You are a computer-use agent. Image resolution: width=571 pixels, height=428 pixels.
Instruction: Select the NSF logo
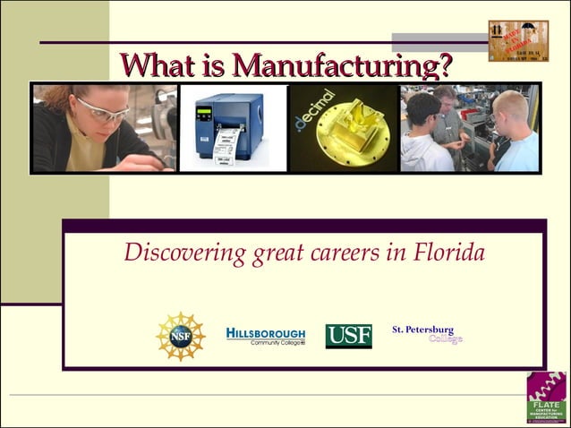[x=181, y=336]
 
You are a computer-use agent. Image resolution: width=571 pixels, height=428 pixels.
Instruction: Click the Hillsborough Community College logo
[x=265, y=335]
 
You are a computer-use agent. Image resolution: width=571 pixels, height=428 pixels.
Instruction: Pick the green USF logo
[x=348, y=336]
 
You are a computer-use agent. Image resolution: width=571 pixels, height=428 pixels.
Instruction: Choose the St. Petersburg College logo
[x=427, y=334]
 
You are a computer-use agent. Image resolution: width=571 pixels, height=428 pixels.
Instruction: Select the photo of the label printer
[x=233, y=127]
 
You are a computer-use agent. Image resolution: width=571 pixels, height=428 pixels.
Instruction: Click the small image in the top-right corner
[x=517, y=40]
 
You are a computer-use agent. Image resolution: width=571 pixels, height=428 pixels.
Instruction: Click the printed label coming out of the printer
[x=227, y=146]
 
